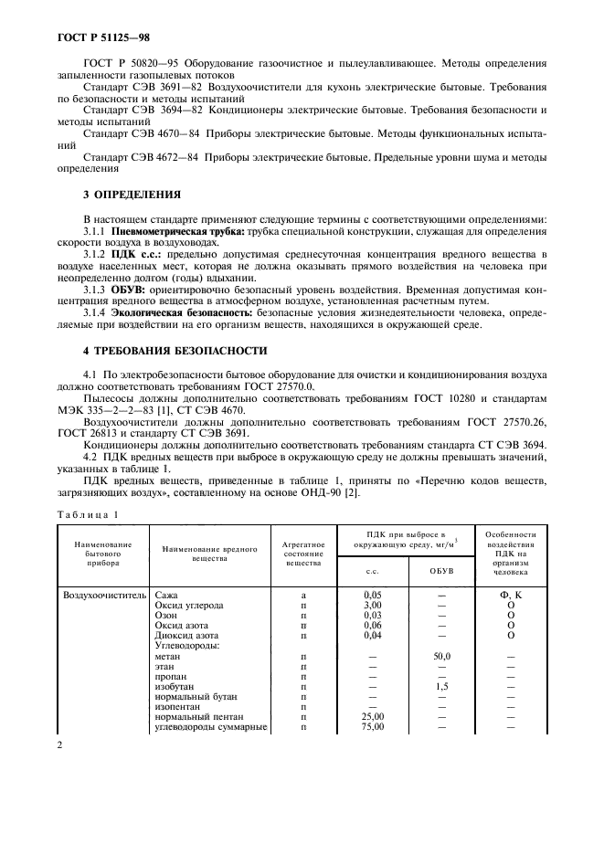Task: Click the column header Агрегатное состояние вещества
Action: point(303,552)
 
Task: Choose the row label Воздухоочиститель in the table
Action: point(103,594)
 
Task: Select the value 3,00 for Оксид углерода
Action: point(372,606)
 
